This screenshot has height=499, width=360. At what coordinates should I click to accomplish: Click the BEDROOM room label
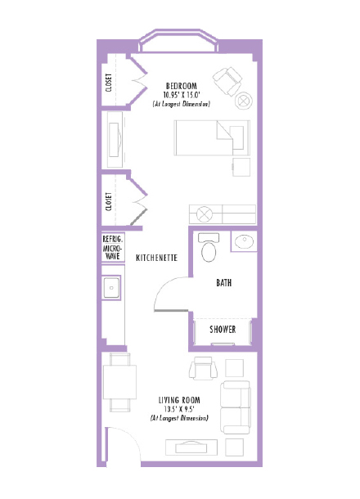click(182, 86)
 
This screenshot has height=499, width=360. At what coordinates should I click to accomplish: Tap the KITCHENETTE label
click(157, 256)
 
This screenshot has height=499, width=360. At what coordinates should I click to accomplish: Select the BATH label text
click(223, 283)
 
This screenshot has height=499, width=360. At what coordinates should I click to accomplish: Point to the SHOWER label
click(223, 330)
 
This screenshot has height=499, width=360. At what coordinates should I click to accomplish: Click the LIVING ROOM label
click(179, 400)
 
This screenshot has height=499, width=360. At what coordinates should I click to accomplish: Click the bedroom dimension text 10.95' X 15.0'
click(182, 95)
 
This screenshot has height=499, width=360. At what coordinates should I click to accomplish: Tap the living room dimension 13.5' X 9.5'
click(179, 409)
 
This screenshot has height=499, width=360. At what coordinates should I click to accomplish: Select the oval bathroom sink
click(244, 242)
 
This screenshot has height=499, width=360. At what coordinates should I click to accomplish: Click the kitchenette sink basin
click(110, 288)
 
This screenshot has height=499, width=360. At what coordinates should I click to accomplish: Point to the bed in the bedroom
click(209, 137)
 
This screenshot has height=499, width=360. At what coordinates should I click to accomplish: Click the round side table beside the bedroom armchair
click(244, 101)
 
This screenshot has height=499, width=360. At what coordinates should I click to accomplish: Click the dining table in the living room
click(119, 389)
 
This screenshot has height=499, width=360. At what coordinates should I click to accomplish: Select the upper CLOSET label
click(110, 83)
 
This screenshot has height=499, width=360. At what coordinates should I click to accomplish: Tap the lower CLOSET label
click(110, 203)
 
